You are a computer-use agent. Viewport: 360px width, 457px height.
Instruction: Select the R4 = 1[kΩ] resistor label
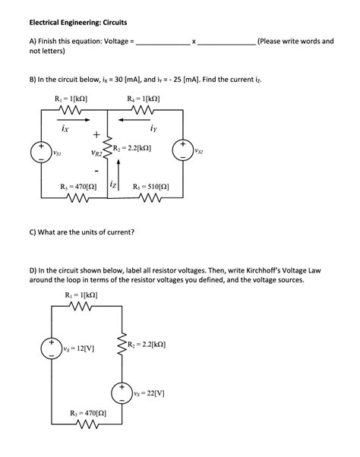142,99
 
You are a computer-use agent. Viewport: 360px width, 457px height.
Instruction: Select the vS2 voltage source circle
182,149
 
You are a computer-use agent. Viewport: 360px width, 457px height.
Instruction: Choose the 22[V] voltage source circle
120,393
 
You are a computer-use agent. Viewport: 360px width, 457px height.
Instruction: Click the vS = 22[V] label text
149,394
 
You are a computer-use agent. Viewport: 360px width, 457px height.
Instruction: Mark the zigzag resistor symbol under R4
141,111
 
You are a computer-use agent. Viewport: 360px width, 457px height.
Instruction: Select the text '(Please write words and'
295,41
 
